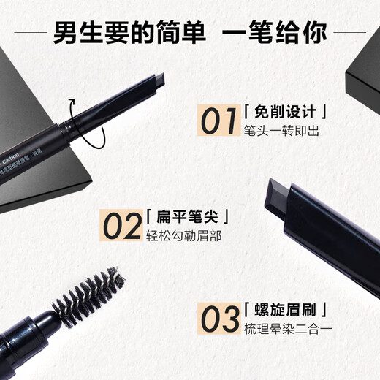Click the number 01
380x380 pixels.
coord(218,121)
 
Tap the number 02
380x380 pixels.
coord(121,226)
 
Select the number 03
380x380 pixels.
coord(220,320)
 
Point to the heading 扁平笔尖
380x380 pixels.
coord(189,217)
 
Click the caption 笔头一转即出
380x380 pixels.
coord(282,132)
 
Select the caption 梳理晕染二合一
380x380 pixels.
coord(288,330)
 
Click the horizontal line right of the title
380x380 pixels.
coord(349,32)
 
